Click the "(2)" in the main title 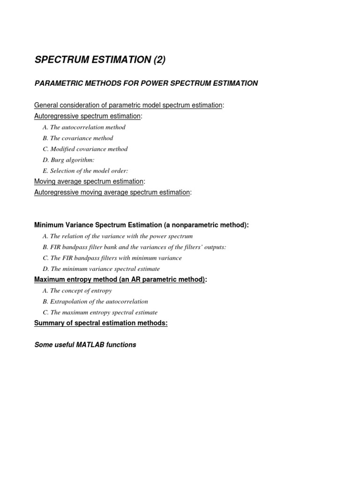(157, 60)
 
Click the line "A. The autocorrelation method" (84, 127)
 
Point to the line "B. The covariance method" (78, 138)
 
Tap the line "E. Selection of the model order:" (85, 171)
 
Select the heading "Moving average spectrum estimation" (89, 181)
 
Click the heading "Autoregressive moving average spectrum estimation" (112, 192)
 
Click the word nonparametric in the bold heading (192, 225)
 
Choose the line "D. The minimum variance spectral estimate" (101, 269)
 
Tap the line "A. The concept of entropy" (77, 291)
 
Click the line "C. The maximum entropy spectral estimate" (100, 312)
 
